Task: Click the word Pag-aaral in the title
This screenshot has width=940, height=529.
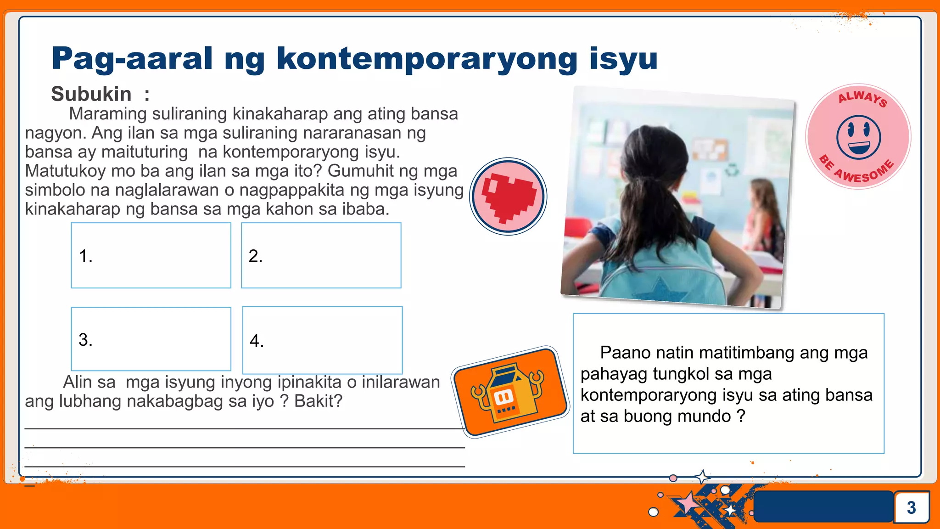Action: (x=132, y=59)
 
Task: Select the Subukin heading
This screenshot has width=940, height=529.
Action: (x=91, y=94)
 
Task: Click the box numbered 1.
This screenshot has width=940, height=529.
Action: (x=151, y=255)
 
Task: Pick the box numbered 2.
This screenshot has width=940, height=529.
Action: (x=321, y=255)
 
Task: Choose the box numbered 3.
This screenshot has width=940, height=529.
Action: (x=151, y=339)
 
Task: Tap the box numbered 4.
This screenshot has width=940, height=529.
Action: (x=322, y=340)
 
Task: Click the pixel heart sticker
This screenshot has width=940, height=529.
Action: (x=508, y=197)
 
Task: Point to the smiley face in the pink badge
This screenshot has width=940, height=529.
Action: (x=858, y=137)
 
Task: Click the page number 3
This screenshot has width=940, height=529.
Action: (x=911, y=507)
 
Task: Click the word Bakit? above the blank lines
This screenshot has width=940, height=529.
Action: (x=318, y=401)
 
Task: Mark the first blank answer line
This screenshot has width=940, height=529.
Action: (x=244, y=428)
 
